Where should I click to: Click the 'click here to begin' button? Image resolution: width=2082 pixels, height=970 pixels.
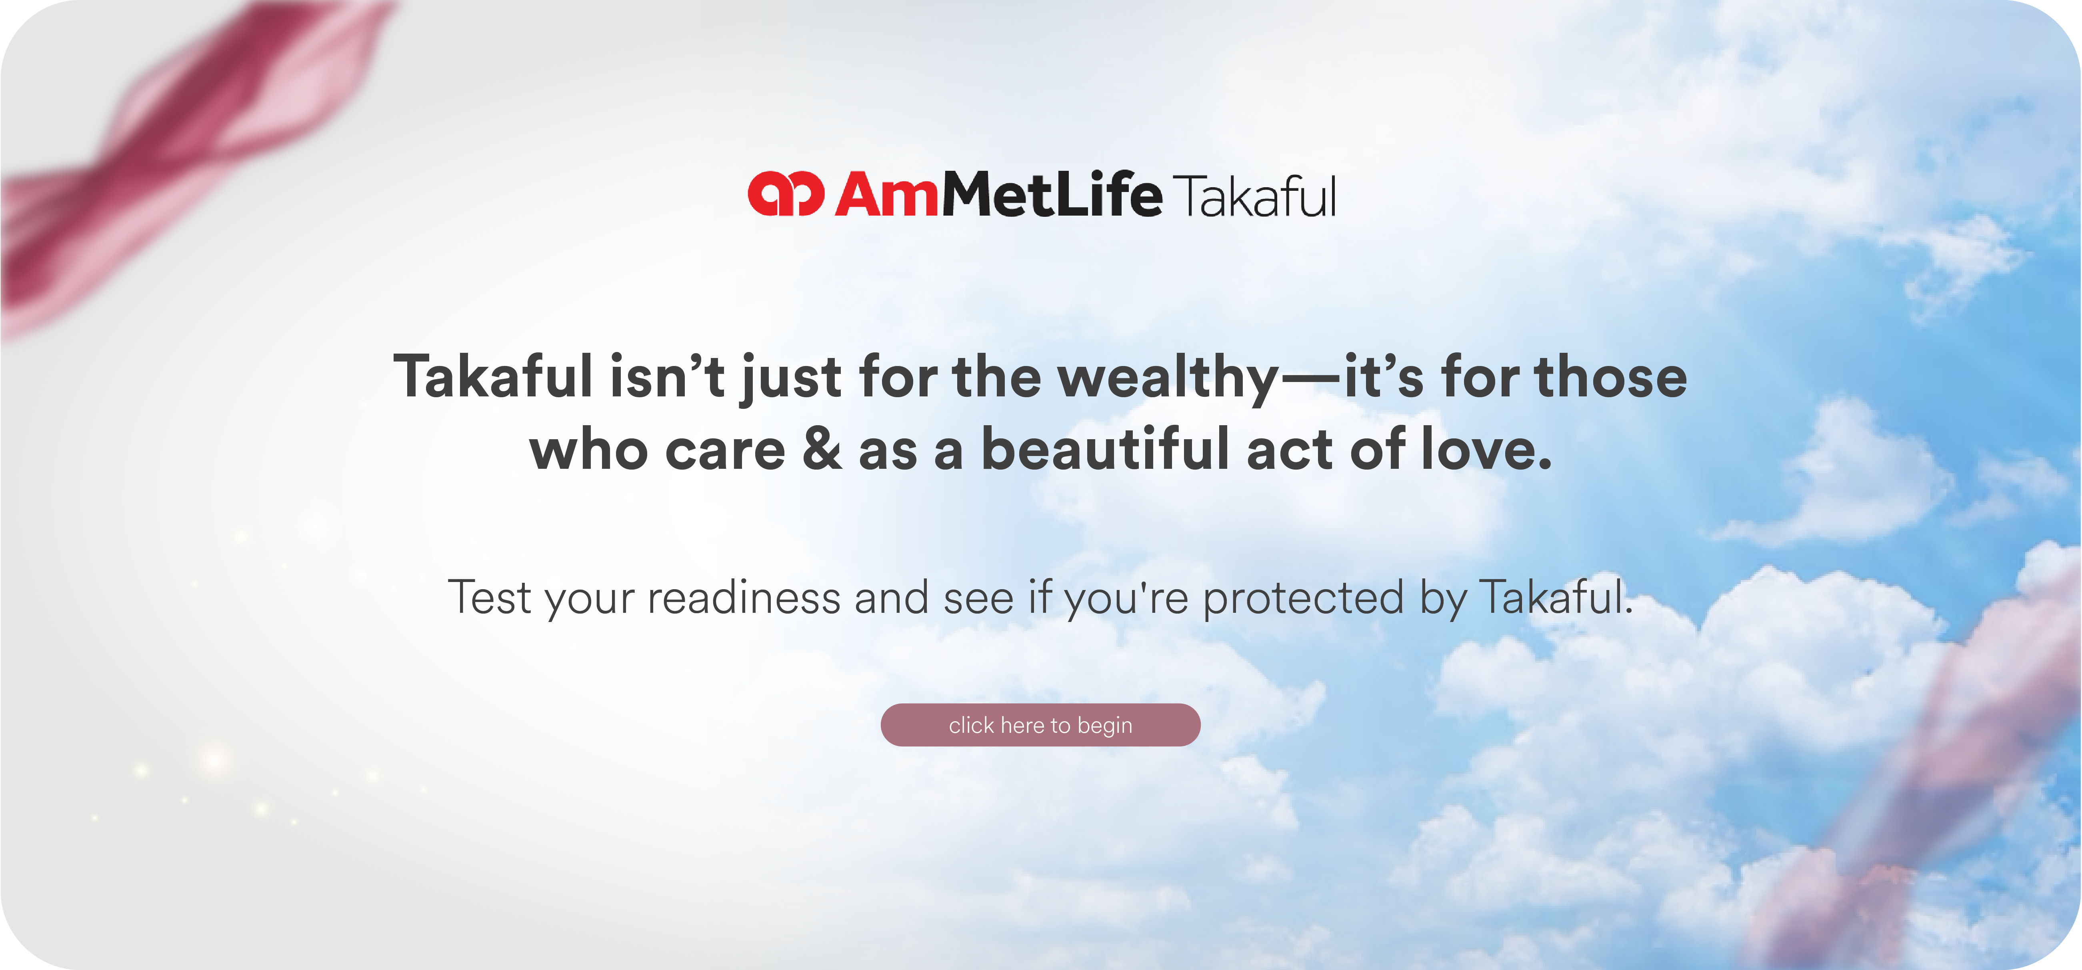1040,725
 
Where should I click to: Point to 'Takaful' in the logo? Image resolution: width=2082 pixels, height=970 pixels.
1255,196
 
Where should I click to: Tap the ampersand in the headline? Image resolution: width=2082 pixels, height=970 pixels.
822,450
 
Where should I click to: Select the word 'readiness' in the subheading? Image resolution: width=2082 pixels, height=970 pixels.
744,597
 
